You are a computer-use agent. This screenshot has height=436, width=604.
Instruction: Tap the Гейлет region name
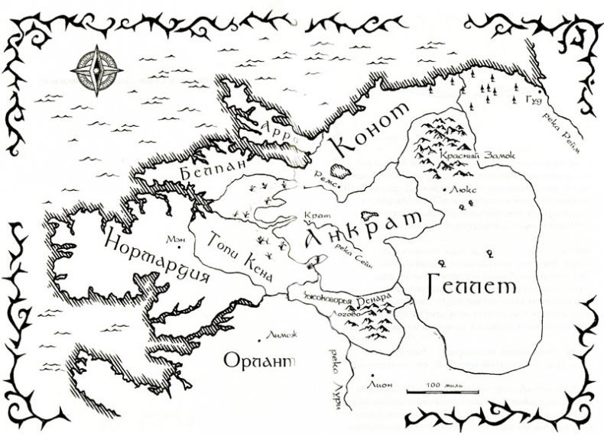click(x=467, y=286)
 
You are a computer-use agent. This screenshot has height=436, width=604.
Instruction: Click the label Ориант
click(x=258, y=360)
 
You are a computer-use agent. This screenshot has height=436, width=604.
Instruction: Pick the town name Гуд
click(x=534, y=100)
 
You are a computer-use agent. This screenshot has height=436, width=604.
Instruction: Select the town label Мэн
click(x=175, y=237)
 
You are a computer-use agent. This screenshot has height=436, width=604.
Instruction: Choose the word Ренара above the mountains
click(x=377, y=297)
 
